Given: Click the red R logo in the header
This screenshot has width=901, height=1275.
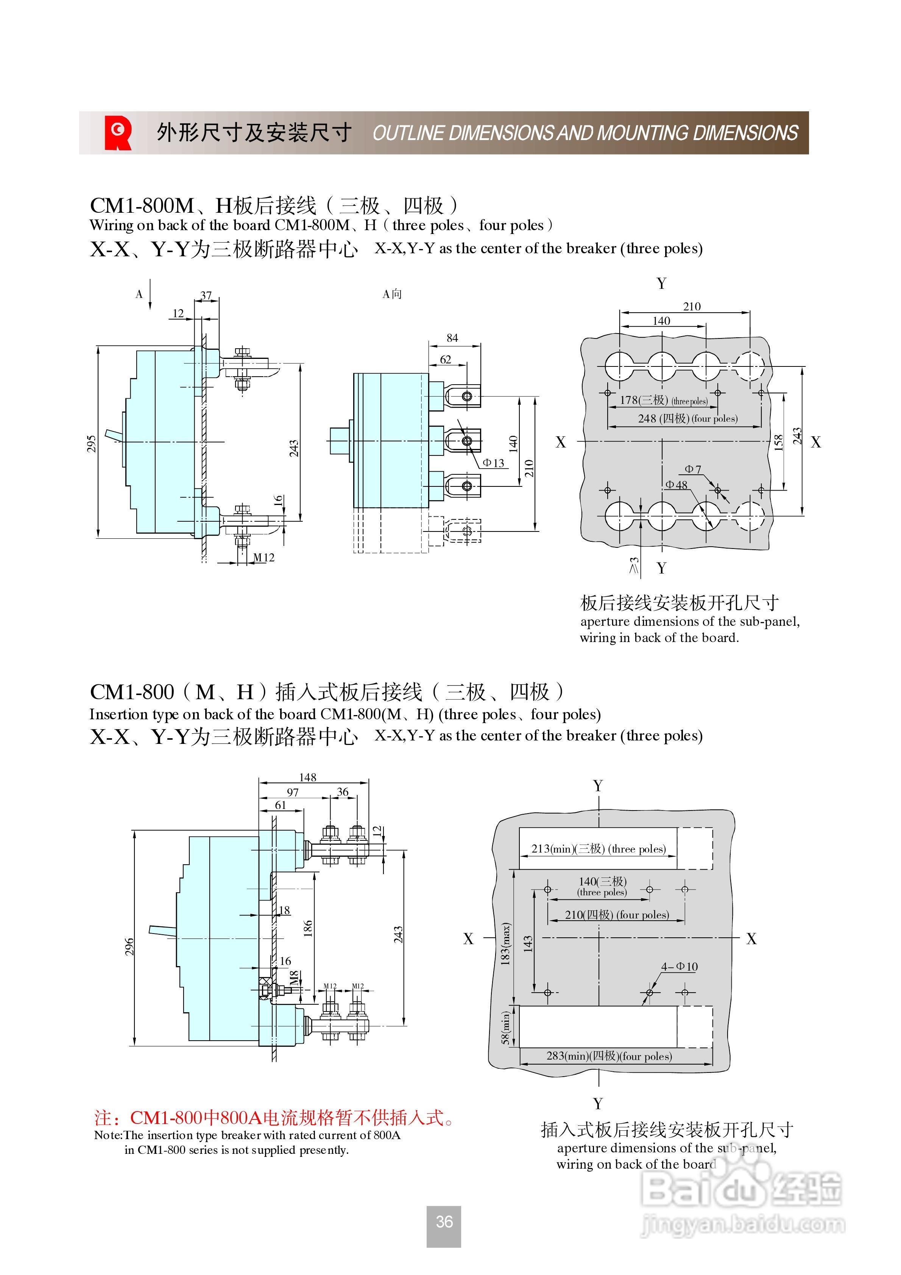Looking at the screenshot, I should [x=118, y=133].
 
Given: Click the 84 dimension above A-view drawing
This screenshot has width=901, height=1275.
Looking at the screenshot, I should [x=452, y=338].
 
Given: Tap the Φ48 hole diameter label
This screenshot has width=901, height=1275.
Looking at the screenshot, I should [x=676, y=485].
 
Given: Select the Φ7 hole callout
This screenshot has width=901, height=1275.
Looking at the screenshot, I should [x=693, y=469].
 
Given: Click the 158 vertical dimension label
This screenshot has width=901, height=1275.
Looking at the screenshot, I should [x=779, y=442].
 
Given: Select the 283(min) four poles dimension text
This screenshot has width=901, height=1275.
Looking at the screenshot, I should [x=609, y=1056].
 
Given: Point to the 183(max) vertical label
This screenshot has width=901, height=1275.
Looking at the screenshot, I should [x=505, y=944].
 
